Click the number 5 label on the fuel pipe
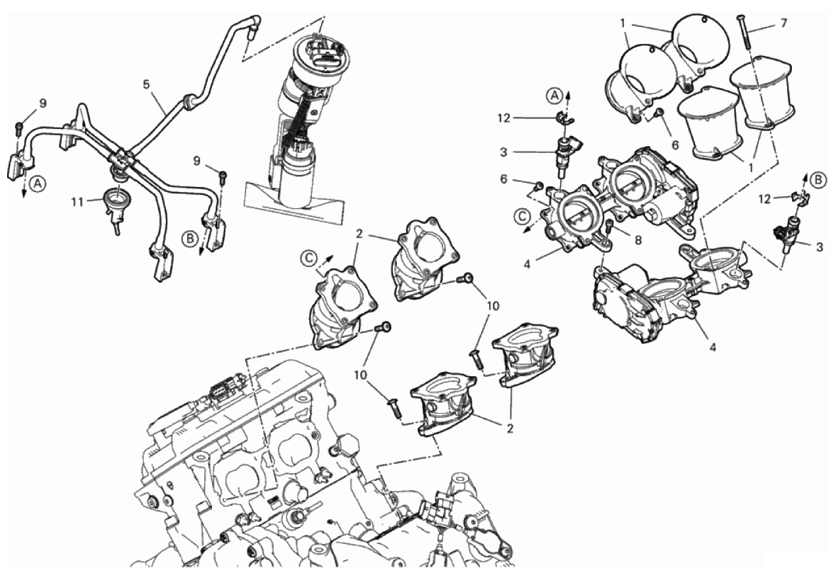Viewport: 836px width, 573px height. pos(146,84)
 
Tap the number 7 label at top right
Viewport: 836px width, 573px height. pos(784,23)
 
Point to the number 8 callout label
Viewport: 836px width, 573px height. pos(638,240)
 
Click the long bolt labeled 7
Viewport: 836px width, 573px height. pos(743,32)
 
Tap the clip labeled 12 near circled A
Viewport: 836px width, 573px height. pos(565,117)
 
